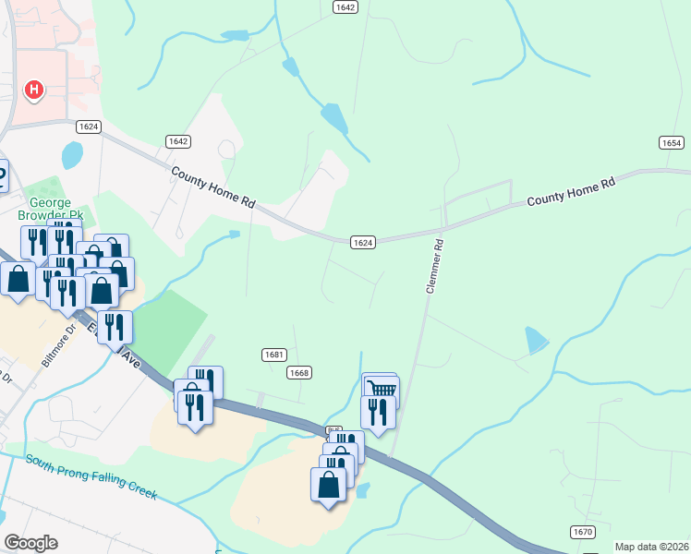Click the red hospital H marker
(x=34, y=90)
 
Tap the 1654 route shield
(x=672, y=142)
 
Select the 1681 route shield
(x=273, y=355)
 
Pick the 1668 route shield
(x=298, y=372)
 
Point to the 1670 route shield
(x=582, y=531)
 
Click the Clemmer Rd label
(x=433, y=267)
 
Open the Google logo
(x=30, y=543)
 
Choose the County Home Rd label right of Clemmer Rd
(x=571, y=192)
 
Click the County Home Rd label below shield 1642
(x=212, y=186)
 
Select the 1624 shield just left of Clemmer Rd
(x=363, y=242)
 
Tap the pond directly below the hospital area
(x=71, y=153)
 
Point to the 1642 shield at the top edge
(x=345, y=6)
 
